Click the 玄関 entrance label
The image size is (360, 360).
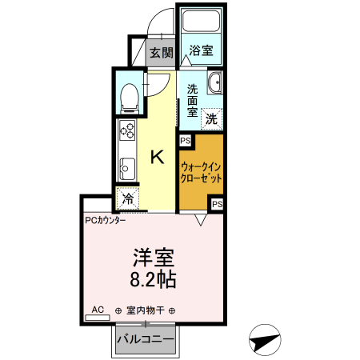click(161, 54)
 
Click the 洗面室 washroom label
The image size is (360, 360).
click(194, 100)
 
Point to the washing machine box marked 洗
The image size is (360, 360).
click(211, 118)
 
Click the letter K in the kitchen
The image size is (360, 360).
click(158, 155)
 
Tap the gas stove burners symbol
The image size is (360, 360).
click(127, 131)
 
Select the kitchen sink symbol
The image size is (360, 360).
click(127, 168)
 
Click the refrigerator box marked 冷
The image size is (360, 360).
click(128, 197)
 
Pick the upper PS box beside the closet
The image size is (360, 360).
click(185, 141)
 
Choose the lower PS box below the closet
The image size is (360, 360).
click(217, 205)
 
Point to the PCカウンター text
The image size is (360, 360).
click(104, 219)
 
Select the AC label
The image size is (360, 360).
click(98, 309)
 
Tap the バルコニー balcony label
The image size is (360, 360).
click(146, 340)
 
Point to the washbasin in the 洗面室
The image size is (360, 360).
click(214, 86)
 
